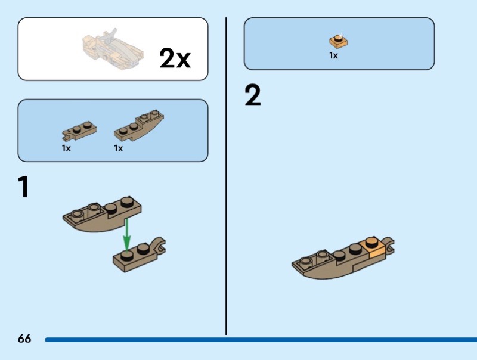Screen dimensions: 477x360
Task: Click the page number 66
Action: click(24, 339)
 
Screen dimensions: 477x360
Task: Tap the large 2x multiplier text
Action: click(175, 58)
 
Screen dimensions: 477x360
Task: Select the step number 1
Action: click(23, 187)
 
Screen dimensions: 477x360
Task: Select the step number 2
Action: click(252, 95)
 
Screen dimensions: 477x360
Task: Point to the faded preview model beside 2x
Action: click(113, 49)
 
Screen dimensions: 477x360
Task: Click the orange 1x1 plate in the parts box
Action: click(338, 41)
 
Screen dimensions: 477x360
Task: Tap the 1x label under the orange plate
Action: click(333, 55)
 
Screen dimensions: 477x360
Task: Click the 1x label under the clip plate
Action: click(66, 148)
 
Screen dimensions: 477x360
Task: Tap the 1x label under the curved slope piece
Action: click(118, 148)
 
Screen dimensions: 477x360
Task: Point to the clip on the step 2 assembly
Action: click(389, 246)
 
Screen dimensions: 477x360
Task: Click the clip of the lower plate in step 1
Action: click(159, 245)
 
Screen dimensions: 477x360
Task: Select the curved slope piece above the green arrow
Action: click(102, 215)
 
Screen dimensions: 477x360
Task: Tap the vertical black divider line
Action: click(226, 176)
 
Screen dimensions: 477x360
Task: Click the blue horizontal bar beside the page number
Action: click(261, 339)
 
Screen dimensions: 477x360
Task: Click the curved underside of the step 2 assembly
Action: click(326, 272)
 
